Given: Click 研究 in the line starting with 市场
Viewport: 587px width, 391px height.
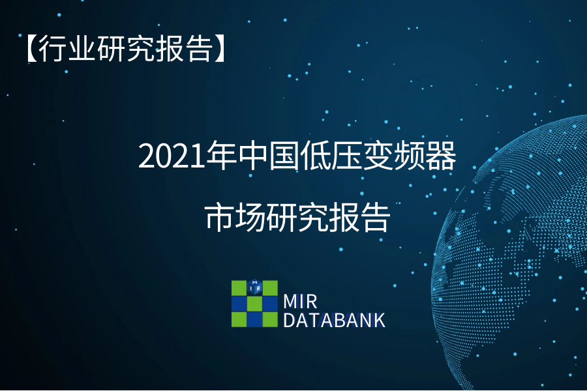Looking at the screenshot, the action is [297, 217].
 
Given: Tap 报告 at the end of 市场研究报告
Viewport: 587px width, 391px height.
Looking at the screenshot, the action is [359, 217].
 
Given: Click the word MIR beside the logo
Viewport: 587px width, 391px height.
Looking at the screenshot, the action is [300, 302].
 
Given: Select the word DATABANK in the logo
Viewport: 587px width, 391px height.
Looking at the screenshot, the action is [334, 320].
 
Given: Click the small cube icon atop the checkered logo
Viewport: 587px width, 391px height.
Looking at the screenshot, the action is [254, 287].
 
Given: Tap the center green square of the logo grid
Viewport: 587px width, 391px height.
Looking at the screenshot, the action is [254, 304].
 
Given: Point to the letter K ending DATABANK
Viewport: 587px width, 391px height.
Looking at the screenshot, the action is [379, 320].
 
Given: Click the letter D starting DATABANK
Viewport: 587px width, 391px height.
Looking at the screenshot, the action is [290, 320].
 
